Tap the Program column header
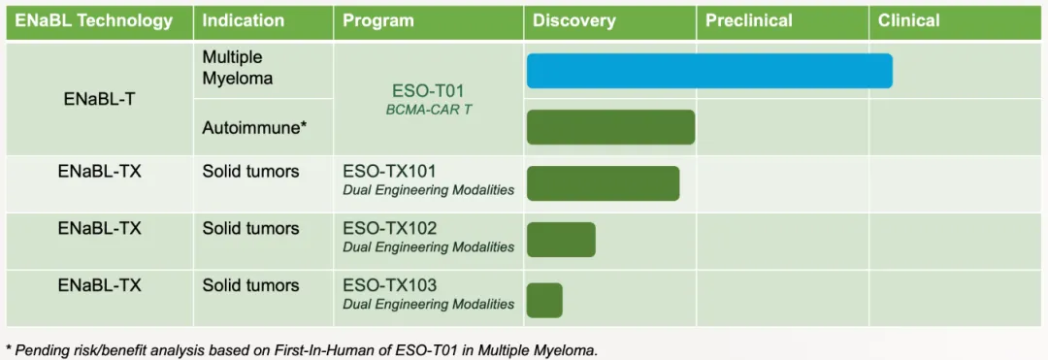tap(378, 20)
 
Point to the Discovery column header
tap(574, 20)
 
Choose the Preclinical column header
tap(749, 20)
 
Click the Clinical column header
tap(909, 20)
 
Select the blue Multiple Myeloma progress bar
tap(709, 71)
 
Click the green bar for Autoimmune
tap(611, 127)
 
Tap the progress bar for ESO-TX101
tap(603, 183)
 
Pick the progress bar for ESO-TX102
tap(561, 239)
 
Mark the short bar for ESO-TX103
tap(544, 301)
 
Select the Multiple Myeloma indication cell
tap(238, 68)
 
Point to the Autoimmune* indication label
tap(254, 127)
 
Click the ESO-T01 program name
tap(428, 91)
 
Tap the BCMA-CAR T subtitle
tap(429, 110)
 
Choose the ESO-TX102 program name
tap(390, 229)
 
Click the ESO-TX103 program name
tap(390, 286)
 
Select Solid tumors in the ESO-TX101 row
tap(250, 172)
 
